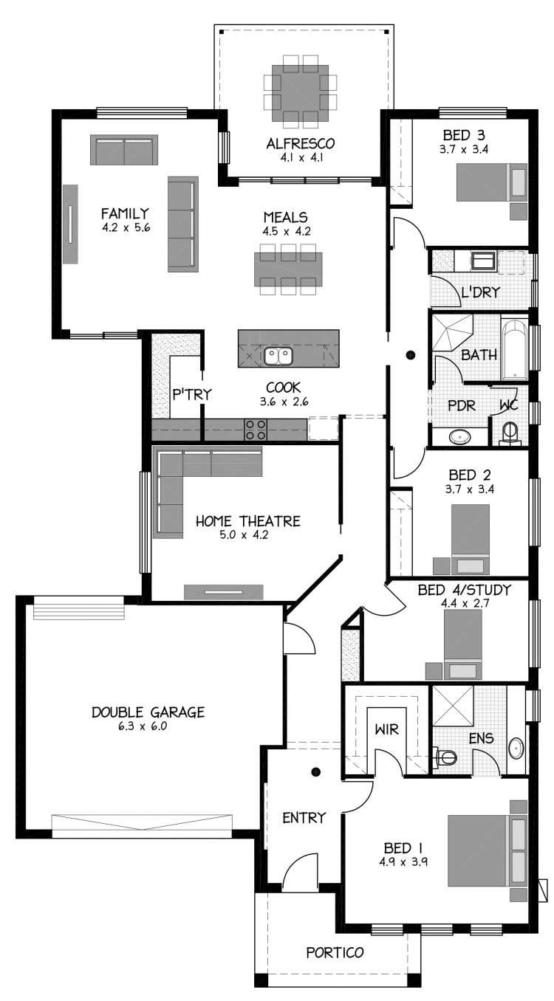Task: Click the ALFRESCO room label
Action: pos(301,143)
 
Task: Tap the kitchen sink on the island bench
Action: pos(278,357)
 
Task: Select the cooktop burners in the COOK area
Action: pos(256,430)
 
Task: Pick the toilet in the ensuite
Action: pos(446,757)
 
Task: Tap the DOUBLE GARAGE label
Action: pos(148,712)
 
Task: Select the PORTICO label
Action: pos(335,952)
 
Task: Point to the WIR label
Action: pos(386,730)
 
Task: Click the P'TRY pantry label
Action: pos(191,394)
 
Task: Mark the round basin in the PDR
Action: pos(459,436)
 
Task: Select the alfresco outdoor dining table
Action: pos(300,92)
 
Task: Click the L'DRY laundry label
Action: pos(480,293)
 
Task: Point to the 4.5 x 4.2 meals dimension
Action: pos(287,230)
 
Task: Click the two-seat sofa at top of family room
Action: pos(124,150)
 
